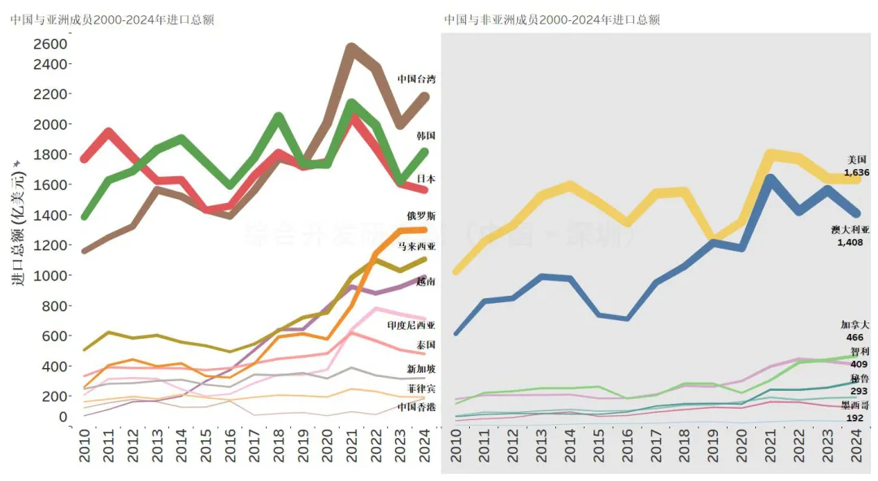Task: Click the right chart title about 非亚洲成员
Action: [552, 19]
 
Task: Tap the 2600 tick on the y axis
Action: [50, 43]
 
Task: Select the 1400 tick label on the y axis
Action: [50, 215]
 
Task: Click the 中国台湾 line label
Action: [416, 79]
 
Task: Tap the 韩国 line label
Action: [425, 136]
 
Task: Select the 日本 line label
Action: [425, 179]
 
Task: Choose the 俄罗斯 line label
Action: [420, 216]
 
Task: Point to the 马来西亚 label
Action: [416, 245]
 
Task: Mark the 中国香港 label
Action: [416, 406]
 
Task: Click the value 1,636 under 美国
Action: [856, 172]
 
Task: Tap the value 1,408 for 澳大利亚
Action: [850, 242]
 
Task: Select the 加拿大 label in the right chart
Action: [854, 325]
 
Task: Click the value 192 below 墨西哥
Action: [854, 418]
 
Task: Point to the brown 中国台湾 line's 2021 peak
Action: [350, 48]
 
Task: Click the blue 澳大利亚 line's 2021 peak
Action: [768, 179]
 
